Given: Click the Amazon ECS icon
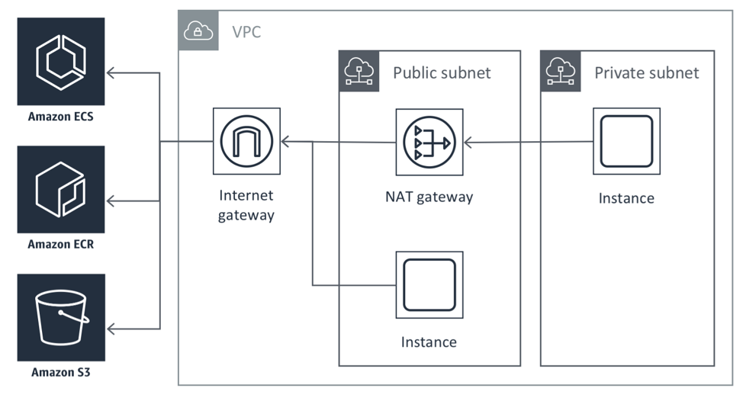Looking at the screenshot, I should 61,61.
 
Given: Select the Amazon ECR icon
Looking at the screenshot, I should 61,189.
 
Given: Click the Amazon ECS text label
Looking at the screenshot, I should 61,117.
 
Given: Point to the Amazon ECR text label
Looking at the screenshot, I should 61,245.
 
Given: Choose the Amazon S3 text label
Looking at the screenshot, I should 61,373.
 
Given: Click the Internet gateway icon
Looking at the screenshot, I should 246,141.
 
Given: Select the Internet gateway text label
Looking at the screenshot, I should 246,206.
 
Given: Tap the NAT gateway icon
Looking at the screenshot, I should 429,142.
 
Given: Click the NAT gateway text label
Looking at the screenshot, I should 429,197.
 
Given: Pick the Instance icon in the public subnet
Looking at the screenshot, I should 429,284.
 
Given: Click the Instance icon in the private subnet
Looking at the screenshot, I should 626,141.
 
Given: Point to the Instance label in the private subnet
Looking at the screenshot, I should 626,198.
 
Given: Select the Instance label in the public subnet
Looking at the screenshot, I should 429,342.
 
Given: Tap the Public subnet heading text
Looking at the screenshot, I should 442,73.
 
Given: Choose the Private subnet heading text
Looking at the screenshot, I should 646,73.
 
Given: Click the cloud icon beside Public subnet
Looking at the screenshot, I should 359,71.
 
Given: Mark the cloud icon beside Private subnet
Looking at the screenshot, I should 560,71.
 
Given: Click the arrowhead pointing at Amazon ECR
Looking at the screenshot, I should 111,201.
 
